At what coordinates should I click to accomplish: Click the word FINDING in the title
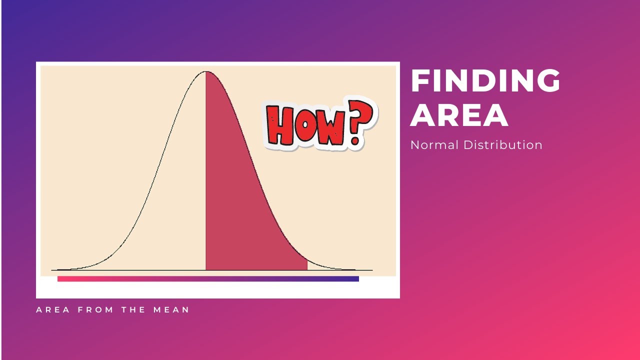point(485,81)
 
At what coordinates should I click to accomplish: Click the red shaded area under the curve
point(240,200)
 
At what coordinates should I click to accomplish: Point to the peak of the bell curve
point(205,72)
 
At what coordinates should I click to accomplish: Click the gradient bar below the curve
point(208,279)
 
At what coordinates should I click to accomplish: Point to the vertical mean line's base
point(205,269)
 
